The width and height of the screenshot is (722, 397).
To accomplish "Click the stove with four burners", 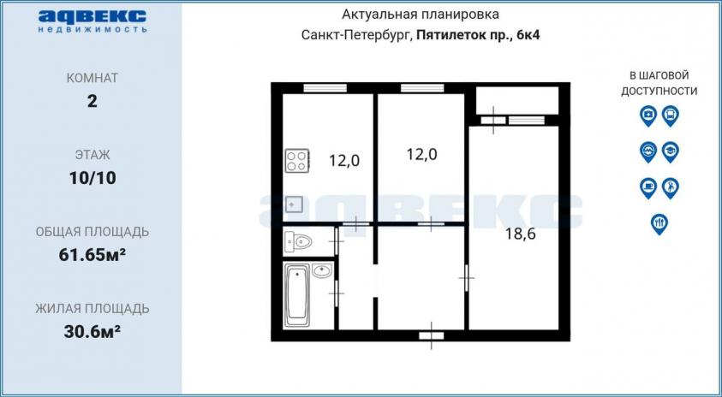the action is click(297, 161).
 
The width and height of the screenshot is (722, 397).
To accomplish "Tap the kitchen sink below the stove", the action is click(293, 204).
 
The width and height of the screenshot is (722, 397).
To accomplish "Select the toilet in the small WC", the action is click(298, 241).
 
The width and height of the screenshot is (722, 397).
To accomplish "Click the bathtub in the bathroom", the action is click(296, 295).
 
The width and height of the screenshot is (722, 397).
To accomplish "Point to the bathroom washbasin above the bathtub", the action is click(322, 270).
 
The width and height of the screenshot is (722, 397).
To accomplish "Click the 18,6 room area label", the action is click(521, 234).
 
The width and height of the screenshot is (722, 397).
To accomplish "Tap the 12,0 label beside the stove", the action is click(344, 161).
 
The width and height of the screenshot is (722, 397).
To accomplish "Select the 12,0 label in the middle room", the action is click(421, 155).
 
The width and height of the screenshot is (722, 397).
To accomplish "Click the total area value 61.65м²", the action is click(92, 254).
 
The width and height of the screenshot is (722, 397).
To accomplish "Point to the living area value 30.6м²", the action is click(92, 331).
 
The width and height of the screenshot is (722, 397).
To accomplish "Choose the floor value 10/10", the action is click(92, 178).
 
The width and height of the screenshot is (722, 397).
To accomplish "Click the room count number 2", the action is click(92, 101).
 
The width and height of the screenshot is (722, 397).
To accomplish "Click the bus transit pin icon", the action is click(670, 116).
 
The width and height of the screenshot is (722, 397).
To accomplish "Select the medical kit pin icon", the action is click(647, 116).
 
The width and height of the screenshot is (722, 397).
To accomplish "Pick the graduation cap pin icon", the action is click(670, 151).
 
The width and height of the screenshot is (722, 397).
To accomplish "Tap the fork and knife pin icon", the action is click(659, 224).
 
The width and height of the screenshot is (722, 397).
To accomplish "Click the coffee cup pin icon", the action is click(647, 188).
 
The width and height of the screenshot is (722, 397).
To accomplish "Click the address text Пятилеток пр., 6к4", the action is click(478, 35).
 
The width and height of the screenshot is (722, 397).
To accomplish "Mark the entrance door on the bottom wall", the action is click(432, 335).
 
